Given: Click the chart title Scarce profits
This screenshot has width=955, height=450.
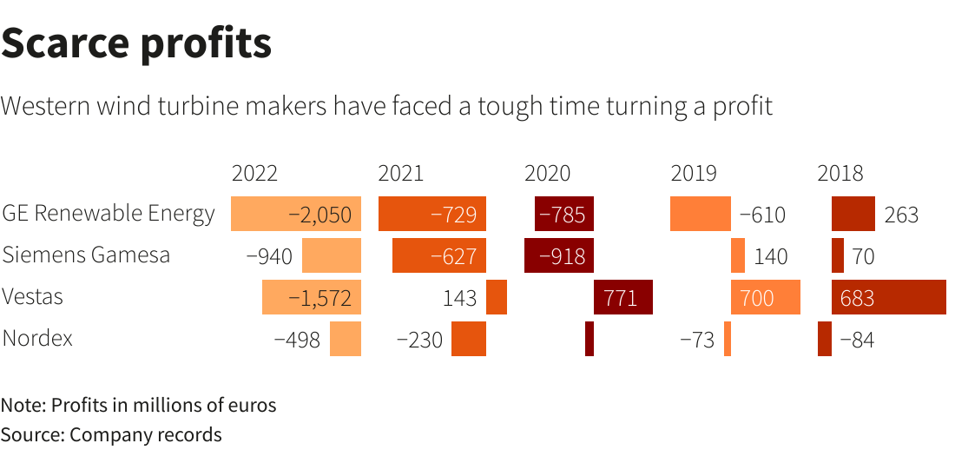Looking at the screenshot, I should tap(136, 43).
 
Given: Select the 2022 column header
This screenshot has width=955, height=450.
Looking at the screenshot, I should tap(254, 173).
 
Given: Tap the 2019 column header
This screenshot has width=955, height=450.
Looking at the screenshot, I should tap(694, 173).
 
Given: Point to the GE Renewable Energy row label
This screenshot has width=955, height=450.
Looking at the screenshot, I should tap(109, 214).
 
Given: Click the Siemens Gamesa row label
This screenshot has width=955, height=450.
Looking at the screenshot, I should tap(86, 255).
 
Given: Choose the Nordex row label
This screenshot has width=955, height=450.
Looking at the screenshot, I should tap(37, 338).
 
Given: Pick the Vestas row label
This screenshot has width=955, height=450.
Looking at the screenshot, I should tap(33, 297).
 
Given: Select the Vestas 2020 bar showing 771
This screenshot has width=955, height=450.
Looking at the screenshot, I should tap(622, 298).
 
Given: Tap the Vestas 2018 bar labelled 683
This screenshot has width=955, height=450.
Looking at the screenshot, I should tap(888, 298).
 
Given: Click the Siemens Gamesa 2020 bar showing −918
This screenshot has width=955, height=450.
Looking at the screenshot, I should tap(559, 256).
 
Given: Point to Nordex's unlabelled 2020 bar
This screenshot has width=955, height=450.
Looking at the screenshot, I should tap(589, 339).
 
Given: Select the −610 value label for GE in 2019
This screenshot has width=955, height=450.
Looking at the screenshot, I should tap(761, 215).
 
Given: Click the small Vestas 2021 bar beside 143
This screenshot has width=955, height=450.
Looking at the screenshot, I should tap(497, 298).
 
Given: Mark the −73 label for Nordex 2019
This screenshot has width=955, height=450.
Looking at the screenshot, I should tap(696, 340).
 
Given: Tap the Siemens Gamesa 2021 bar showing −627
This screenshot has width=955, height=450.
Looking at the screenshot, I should tap(439, 256).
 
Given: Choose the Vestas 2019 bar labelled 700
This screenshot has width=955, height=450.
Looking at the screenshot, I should tap(765, 298).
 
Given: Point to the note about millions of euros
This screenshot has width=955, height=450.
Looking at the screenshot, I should tap(138, 405).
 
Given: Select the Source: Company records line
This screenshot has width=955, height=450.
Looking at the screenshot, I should tap(111, 433).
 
